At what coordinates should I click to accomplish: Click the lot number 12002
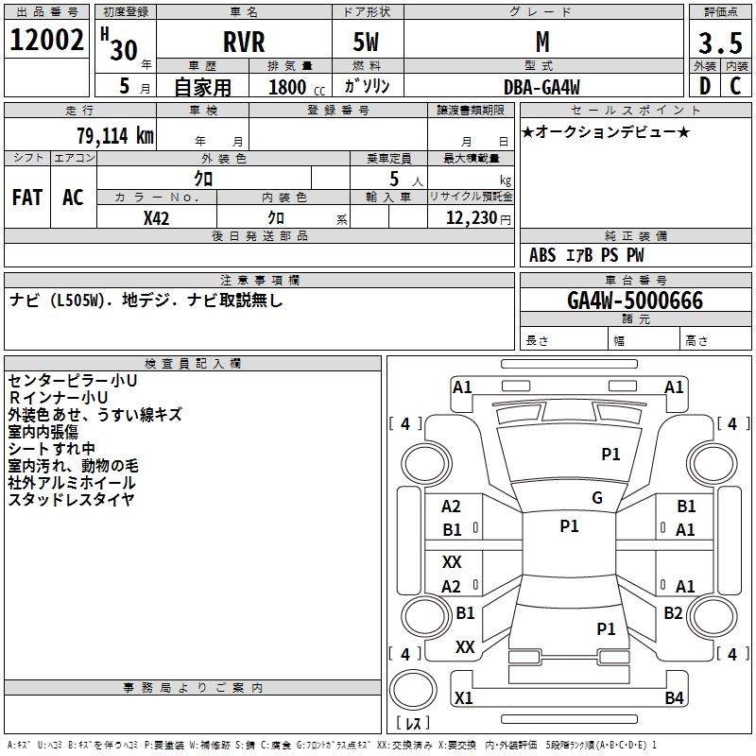[x=46, y=43]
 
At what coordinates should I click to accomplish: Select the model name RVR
[x=243, y=43]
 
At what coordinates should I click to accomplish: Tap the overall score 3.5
[x=719, y=43]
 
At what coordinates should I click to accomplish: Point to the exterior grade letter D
[x=704, y=86]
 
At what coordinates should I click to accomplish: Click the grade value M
[x=542, y=43]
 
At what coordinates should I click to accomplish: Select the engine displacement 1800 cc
[x=293, y=87]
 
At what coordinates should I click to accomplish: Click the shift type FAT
[x=27, y=198]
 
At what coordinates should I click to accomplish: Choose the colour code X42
[x=157, y=218]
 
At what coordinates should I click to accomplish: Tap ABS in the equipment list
[x=542, y=255]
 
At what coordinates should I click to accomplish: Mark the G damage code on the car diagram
[x=597, y=498]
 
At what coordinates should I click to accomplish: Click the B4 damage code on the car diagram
[x=674, y=698]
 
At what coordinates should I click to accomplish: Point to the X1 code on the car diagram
[x=464, y=698]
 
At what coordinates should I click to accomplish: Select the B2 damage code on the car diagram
[x=673, y=613]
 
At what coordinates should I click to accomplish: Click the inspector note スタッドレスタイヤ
[x=72, y=500]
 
